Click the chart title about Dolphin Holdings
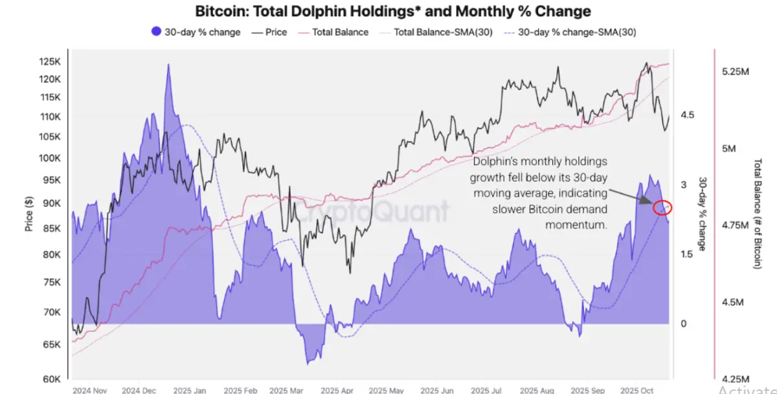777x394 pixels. click(393, 12)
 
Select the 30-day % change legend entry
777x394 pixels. click(196, 32)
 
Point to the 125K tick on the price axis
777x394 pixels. click(50, 62)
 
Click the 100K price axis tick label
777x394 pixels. click(50, 159)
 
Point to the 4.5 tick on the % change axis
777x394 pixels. click(687, 115)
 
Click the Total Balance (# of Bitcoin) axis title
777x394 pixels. click(758, 213)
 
